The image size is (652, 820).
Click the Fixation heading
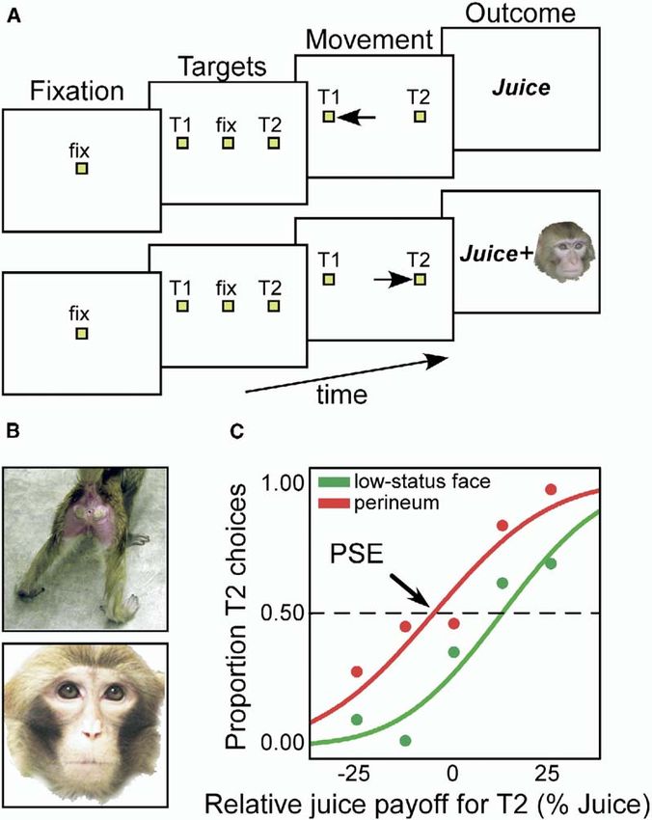[65, 92]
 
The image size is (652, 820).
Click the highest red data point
[551, 489]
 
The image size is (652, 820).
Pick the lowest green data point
[405, 741]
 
